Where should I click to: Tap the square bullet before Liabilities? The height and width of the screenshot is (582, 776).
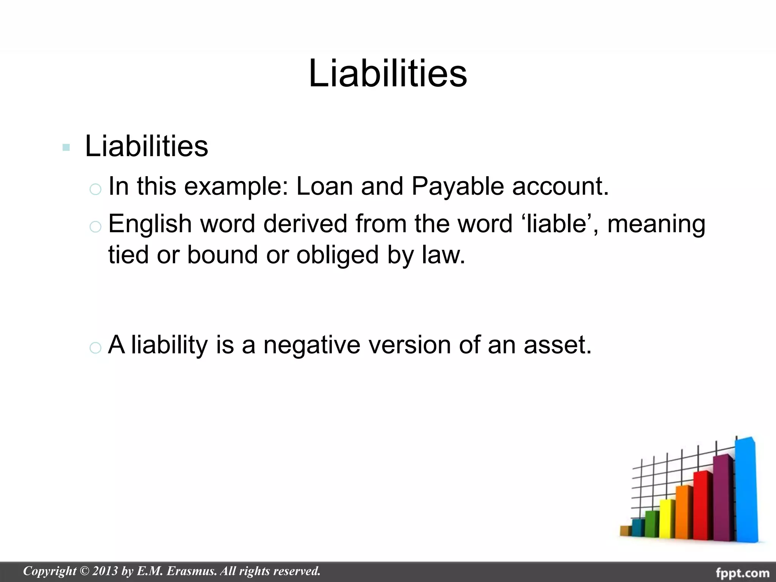click(66, 147)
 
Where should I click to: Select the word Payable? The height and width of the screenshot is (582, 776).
click(458, 187)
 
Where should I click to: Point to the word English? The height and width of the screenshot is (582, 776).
click(150, 224)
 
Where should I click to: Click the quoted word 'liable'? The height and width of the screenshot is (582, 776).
click(560, 224)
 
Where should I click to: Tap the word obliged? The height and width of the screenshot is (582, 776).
click(337, 255)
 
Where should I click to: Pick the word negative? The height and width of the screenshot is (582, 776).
click(311, 345)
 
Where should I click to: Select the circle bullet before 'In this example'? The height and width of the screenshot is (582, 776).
click(95, 189)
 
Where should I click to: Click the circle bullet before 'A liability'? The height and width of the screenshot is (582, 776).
click(95, 347)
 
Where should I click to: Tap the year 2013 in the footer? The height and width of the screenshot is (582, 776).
click(105, 571)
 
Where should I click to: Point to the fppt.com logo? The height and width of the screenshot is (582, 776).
click(742, 572)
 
